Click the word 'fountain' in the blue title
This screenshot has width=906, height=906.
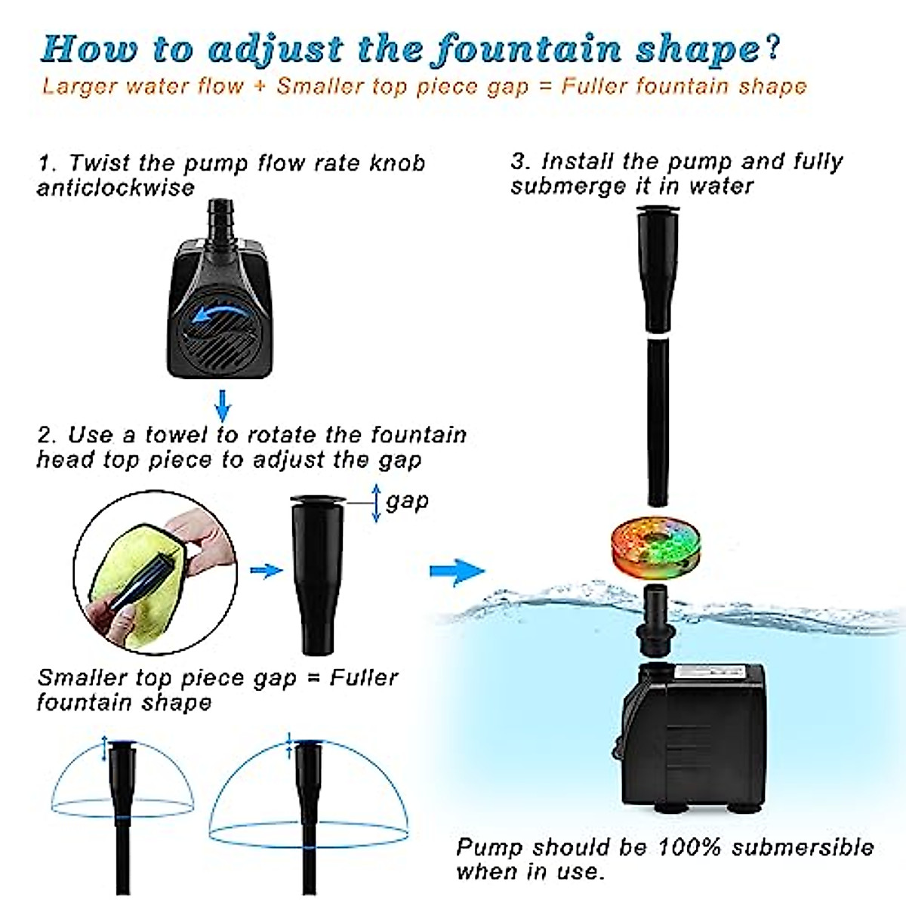(x=528, y=49)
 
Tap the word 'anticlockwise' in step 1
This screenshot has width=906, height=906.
(x=116, y=188)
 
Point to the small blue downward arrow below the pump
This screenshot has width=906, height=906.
(x=222, y=406)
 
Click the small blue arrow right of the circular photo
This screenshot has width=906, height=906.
(x=265, y=571)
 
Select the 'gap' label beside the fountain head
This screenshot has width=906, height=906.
(x=407, y=501)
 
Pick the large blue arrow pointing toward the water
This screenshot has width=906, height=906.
(x=457, y=571)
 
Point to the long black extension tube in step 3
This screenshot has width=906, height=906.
(x=658, y=423)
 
